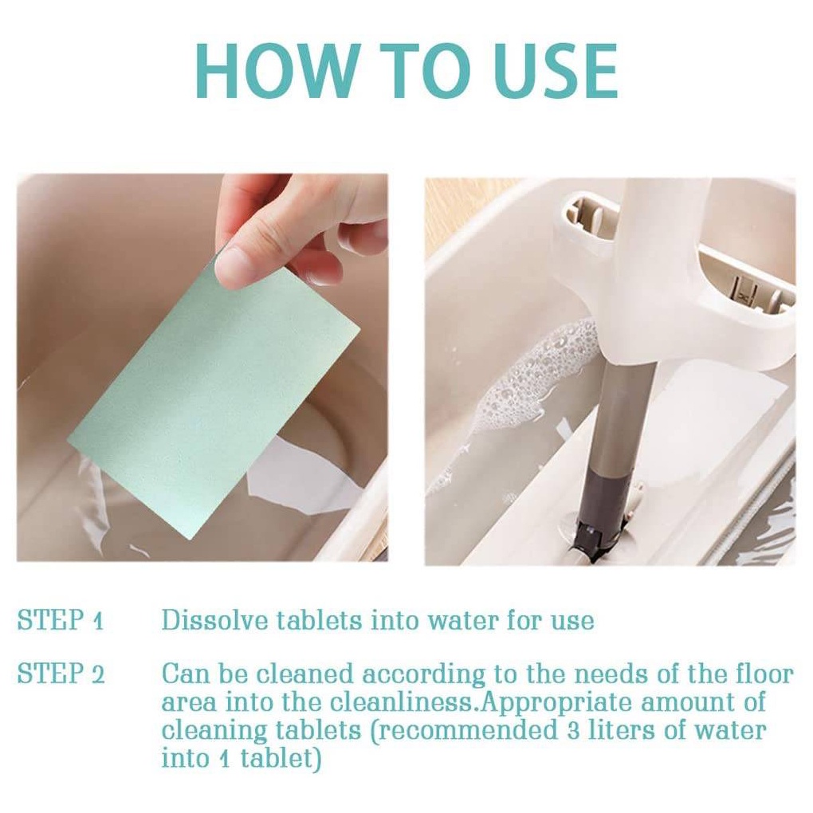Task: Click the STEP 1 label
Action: [61, 619]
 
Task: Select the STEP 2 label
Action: [61, 673]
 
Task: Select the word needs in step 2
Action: [603, 674]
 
